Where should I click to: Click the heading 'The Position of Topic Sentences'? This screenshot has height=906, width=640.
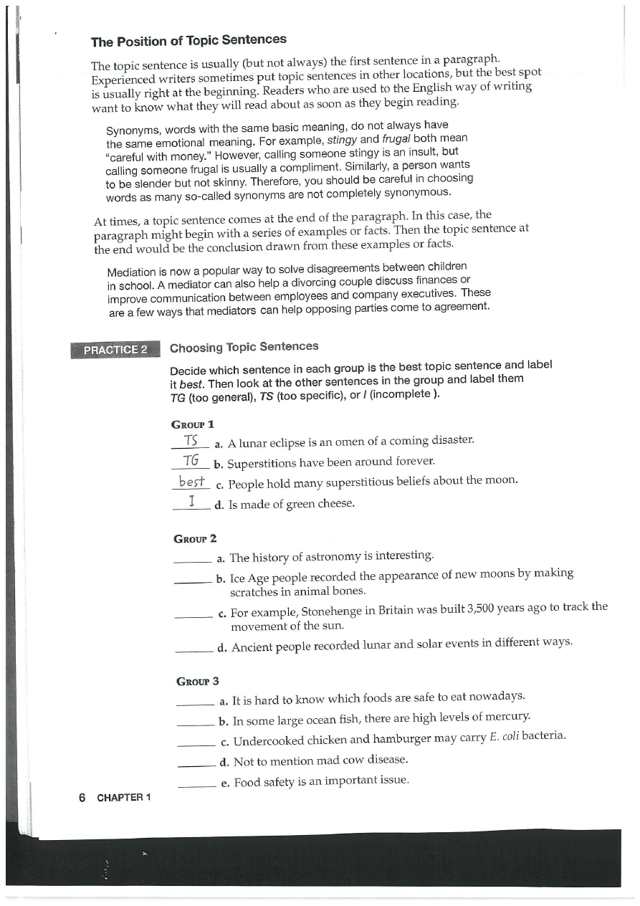[x=188, y=40]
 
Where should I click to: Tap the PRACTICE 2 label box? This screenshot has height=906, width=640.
[x=115, y=350]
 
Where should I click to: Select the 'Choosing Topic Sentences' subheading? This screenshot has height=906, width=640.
[x=244, y=347]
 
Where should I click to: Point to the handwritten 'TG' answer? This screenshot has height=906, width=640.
[x=191, y=459]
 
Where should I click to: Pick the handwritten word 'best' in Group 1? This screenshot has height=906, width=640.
[x=191, y=480]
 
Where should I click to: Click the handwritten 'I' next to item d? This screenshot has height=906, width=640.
[x=191, y=502]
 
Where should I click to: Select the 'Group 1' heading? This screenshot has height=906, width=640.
[x=194, y=424]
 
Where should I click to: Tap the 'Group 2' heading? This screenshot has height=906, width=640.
[x=195, y=538]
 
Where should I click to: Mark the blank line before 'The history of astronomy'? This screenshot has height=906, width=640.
[x=194, y=560]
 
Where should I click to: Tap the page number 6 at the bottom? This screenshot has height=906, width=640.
[x=82, y=798]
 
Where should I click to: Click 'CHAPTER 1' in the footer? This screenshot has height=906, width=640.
[x=123, y=798]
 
